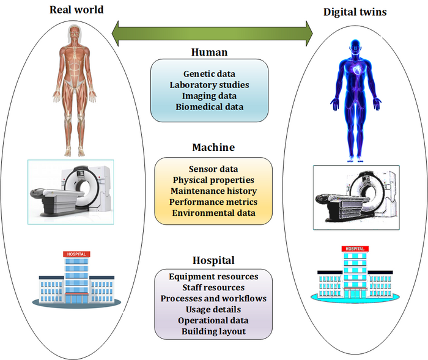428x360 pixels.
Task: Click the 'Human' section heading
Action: click(209, 52)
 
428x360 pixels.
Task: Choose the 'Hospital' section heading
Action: click(213, 260)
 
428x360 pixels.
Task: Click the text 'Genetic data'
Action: click(209, 74)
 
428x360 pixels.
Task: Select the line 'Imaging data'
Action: click(209, 96)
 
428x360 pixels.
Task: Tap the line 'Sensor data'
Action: click(213, 169)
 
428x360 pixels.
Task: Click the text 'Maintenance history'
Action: click(213, 191)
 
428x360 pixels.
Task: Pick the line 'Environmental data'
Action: click(213, 213)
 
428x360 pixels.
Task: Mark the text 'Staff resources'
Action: click(213, 287)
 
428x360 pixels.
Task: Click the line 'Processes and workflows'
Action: click(213, 298)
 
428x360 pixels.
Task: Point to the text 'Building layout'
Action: click(213, 331)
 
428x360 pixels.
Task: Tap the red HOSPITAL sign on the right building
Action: click(355, 249)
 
